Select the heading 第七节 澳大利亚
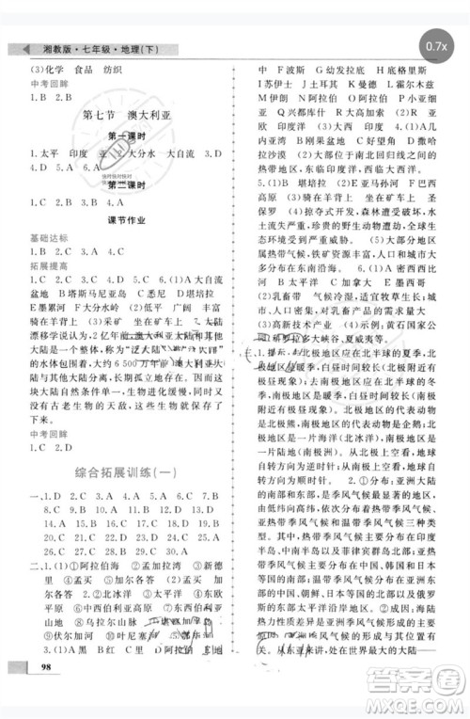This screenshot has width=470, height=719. click(x=125, y=117)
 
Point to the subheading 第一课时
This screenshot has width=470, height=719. click(x=123, y=136)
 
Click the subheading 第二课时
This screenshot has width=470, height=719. click(x=123, y=184)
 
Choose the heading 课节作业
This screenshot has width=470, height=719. click(x=123, y=219)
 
